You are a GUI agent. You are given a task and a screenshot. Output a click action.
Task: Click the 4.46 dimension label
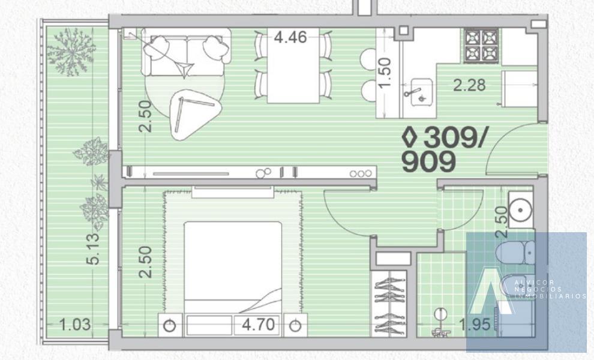290,38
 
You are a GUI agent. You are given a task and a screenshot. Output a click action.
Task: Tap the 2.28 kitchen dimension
469,85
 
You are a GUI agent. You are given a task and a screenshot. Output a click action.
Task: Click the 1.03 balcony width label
75,325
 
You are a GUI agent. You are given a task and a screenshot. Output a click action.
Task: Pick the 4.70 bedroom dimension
259,325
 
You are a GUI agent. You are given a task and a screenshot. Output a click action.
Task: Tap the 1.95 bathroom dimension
475,325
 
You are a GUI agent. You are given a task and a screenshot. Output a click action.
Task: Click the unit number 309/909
442,149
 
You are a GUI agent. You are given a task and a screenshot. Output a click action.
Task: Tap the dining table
293,65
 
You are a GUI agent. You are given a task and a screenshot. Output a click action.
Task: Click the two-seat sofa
186,52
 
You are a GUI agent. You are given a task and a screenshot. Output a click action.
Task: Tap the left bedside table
170,325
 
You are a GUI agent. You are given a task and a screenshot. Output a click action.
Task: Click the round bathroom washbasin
521,210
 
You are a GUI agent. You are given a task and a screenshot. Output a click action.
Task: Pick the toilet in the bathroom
515,253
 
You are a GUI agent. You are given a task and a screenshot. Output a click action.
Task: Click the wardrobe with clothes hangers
389,304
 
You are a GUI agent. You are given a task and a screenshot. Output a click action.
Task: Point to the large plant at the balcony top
71,52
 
